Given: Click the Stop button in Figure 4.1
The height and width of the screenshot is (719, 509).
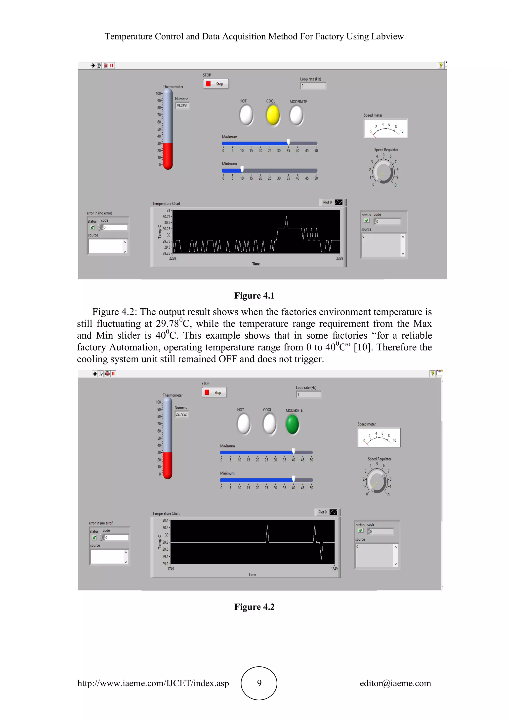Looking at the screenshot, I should point(216,84).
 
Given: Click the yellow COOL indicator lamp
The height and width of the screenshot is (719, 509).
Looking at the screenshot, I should point(273,115).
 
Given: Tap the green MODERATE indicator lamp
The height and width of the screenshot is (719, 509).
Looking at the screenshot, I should point(293,424).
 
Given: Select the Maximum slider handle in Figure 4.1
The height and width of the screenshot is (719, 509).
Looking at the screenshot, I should point(288,143).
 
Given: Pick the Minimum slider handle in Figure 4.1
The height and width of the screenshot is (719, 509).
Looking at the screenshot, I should point(242,169).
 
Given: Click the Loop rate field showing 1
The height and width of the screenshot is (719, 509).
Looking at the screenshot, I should point(308,395).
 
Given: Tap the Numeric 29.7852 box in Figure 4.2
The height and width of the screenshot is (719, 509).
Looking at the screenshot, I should point(181,414).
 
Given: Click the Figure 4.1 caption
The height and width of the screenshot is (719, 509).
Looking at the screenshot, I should point(254,296).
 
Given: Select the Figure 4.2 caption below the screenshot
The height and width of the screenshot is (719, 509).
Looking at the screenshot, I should point(254,607).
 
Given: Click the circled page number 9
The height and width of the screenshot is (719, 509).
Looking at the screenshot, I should point(259,683).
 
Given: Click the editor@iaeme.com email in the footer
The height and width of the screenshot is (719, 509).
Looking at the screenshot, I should point(395,683).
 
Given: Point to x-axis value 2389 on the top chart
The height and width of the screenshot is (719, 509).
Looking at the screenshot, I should point(339,258).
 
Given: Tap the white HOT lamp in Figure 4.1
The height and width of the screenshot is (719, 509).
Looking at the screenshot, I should point(246,115).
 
